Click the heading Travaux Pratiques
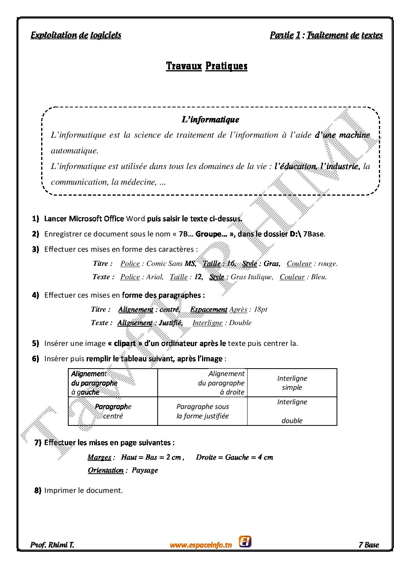[x=207, y=66]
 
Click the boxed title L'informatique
[x=210, y=120]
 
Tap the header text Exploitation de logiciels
[x=76, y=35]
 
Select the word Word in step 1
[x=135, y=218]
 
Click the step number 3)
[x=35, y=249]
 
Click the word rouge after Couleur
[x=328, y=264]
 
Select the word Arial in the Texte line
[x=155, y=277]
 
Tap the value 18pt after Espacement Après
[x=260, y=309]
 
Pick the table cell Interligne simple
[x=292, y=383]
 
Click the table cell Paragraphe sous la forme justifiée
[x=202, y=411]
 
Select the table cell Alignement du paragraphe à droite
[x=221, y=383]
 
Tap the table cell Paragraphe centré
[x=113, y=411]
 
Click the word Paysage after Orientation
[x=145, y=470]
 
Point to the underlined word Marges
[x=99, y=457]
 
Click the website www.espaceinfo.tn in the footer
[x=200, y=545]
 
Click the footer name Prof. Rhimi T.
[x=52, y=545]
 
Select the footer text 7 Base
[x=369, y=545]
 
